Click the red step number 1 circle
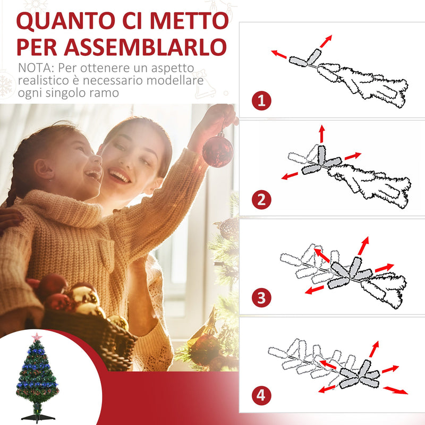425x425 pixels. [x=261, y=100]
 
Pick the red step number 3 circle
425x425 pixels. [x=261, y=298]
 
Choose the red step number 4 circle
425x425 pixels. [x=261, y=396]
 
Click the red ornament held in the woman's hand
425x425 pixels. [x=217, y=151]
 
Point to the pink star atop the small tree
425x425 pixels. [x=37, y=337]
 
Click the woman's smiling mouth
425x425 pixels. [x=120, y=176]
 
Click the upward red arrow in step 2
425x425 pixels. [x=321, y=133]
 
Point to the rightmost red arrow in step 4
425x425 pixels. [x=396, y=390]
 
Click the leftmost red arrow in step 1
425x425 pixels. [x=278, y=54]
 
